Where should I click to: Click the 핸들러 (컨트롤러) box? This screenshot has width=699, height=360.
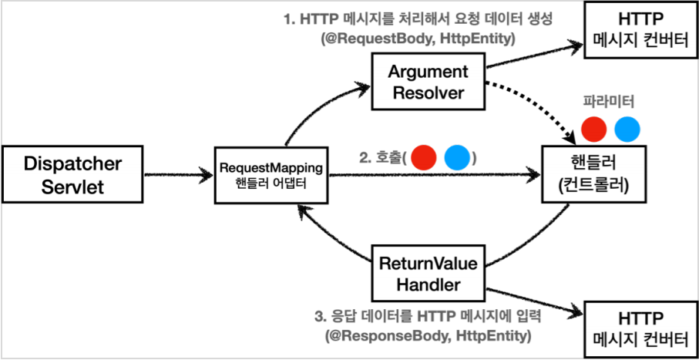(x=590, y=176)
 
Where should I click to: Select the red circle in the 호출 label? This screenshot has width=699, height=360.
(x=423, y=157)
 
